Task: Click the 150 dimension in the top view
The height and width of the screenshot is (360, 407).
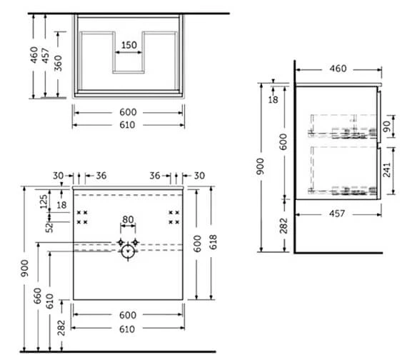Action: [x=128, y=45]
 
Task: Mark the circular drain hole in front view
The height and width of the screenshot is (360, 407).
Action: [x=129, y=251]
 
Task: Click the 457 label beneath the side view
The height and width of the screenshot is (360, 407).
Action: [x=336, y=213]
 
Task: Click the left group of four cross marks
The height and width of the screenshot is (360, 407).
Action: [x=83, y=217]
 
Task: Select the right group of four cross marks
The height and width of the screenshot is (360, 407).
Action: [x=174, y=217]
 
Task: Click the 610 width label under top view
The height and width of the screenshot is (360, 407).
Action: [x=128, y=125]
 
